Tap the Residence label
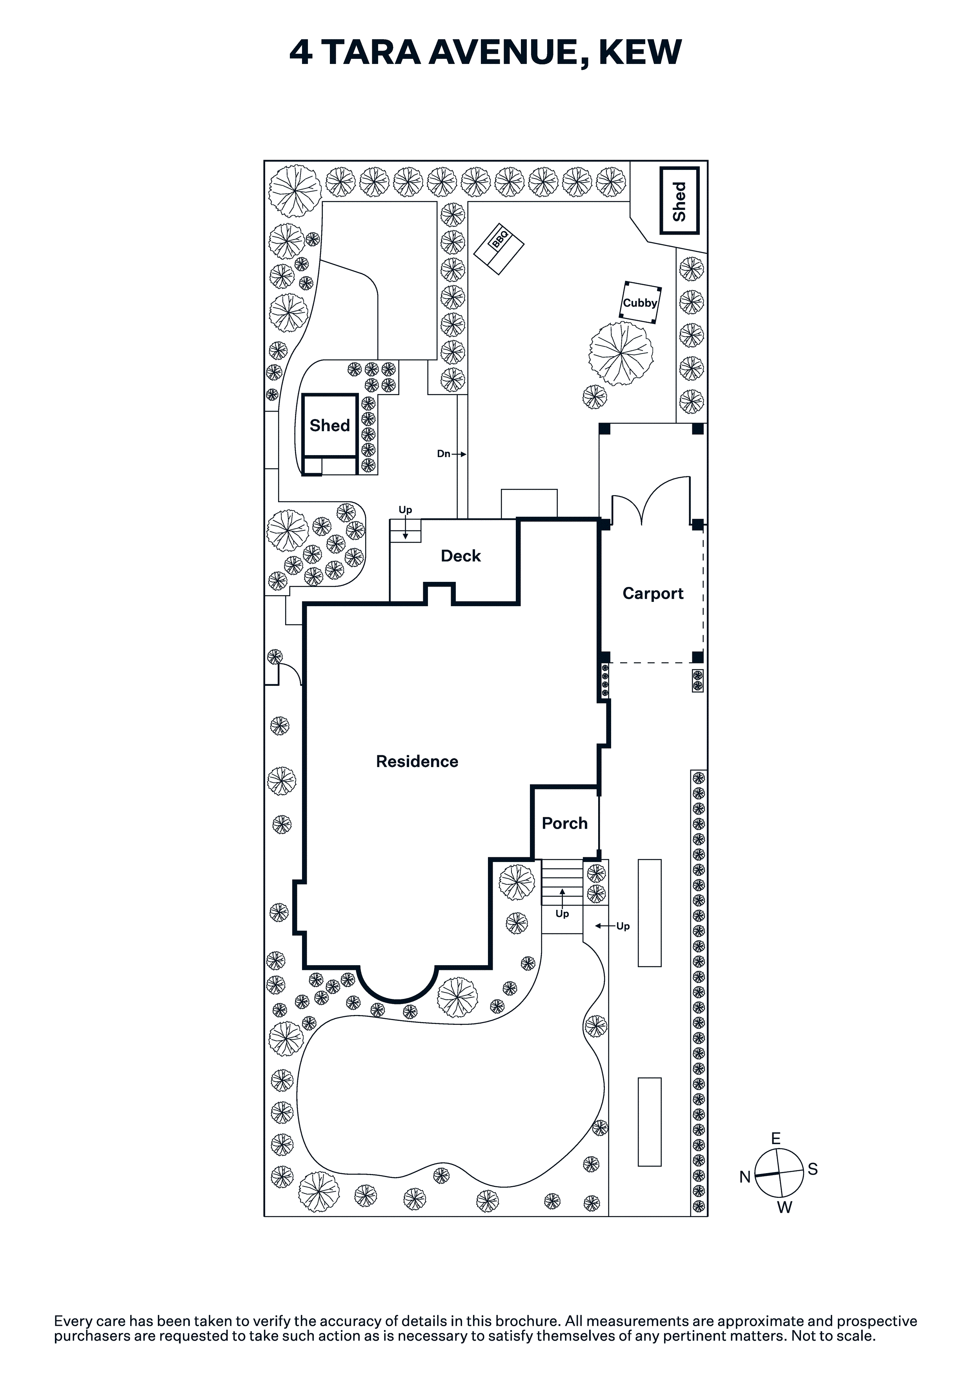(x=417, y=761)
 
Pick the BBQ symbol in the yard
(x=499, y=249)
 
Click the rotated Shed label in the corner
(x=679, y=201)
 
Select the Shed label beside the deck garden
(x=329, y=425)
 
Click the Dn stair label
(x=444, y=454)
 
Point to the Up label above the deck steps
(x=406, y=510)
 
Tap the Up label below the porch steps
(x=562, y=913)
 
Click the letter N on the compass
(x=745, y=1177)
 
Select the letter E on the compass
(x=776, y=1139)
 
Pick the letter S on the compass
(x=813, y=1169)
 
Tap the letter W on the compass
(x=785, y=1208)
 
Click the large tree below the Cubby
(x=621, y=354)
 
